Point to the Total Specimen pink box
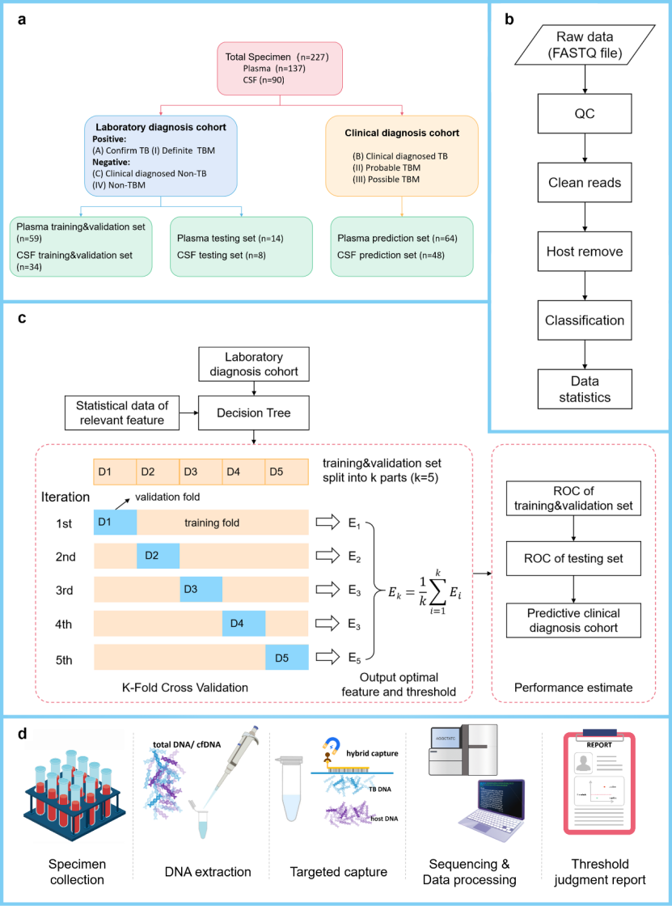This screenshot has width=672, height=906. [279, 68]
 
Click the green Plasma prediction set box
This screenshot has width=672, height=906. [402, 245]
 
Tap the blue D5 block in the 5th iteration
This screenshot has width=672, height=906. [287, 657]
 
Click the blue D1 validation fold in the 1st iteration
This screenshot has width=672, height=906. [115, 523]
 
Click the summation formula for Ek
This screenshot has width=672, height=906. [425, 592]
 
